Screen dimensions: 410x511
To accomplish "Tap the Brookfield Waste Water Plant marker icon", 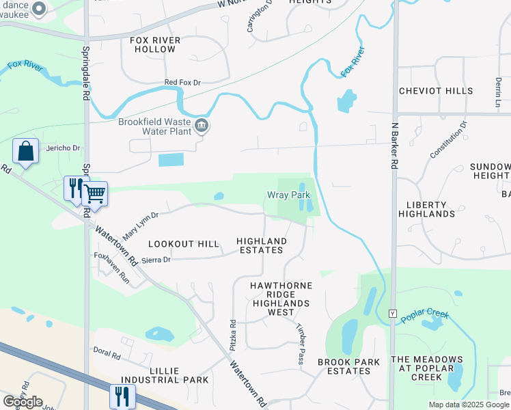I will [202, 124].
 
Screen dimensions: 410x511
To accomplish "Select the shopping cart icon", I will [95, 194].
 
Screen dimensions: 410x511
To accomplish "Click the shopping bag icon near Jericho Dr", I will [26, 151].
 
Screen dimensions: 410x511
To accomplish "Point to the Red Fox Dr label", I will [182, 83].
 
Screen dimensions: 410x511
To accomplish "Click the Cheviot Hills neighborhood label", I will [435, 91].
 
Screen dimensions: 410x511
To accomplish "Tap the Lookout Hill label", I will [184, 244].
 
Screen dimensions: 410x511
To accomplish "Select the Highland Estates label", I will [262, 245].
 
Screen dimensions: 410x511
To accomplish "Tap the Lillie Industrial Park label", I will [165, 374].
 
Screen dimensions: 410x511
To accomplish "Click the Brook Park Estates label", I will [344, 366].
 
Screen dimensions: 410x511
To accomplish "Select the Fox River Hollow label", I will [155, 45].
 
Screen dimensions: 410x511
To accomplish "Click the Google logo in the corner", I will [23, 402].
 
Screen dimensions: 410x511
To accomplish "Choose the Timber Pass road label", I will [299, 343].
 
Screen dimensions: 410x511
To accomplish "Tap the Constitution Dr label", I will [448, 140].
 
